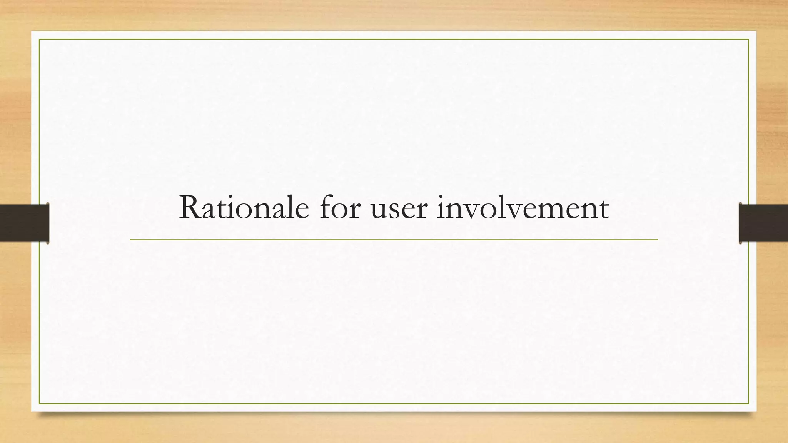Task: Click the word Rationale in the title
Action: click(x=244, y=208)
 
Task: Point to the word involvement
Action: click(x=523, y=208)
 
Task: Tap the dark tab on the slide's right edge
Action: click(x=763, y=223)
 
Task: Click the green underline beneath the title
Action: click(x=394, y=240)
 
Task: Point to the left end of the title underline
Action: click(x=131, y=240)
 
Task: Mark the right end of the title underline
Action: click(x=657, y=240)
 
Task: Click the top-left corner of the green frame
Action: click(x=39, y=40)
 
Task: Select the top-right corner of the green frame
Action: click(x=748, y=40)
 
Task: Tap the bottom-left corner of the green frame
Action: click(x=39, y=403)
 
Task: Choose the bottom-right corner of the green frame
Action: click(x=748, y=403)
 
